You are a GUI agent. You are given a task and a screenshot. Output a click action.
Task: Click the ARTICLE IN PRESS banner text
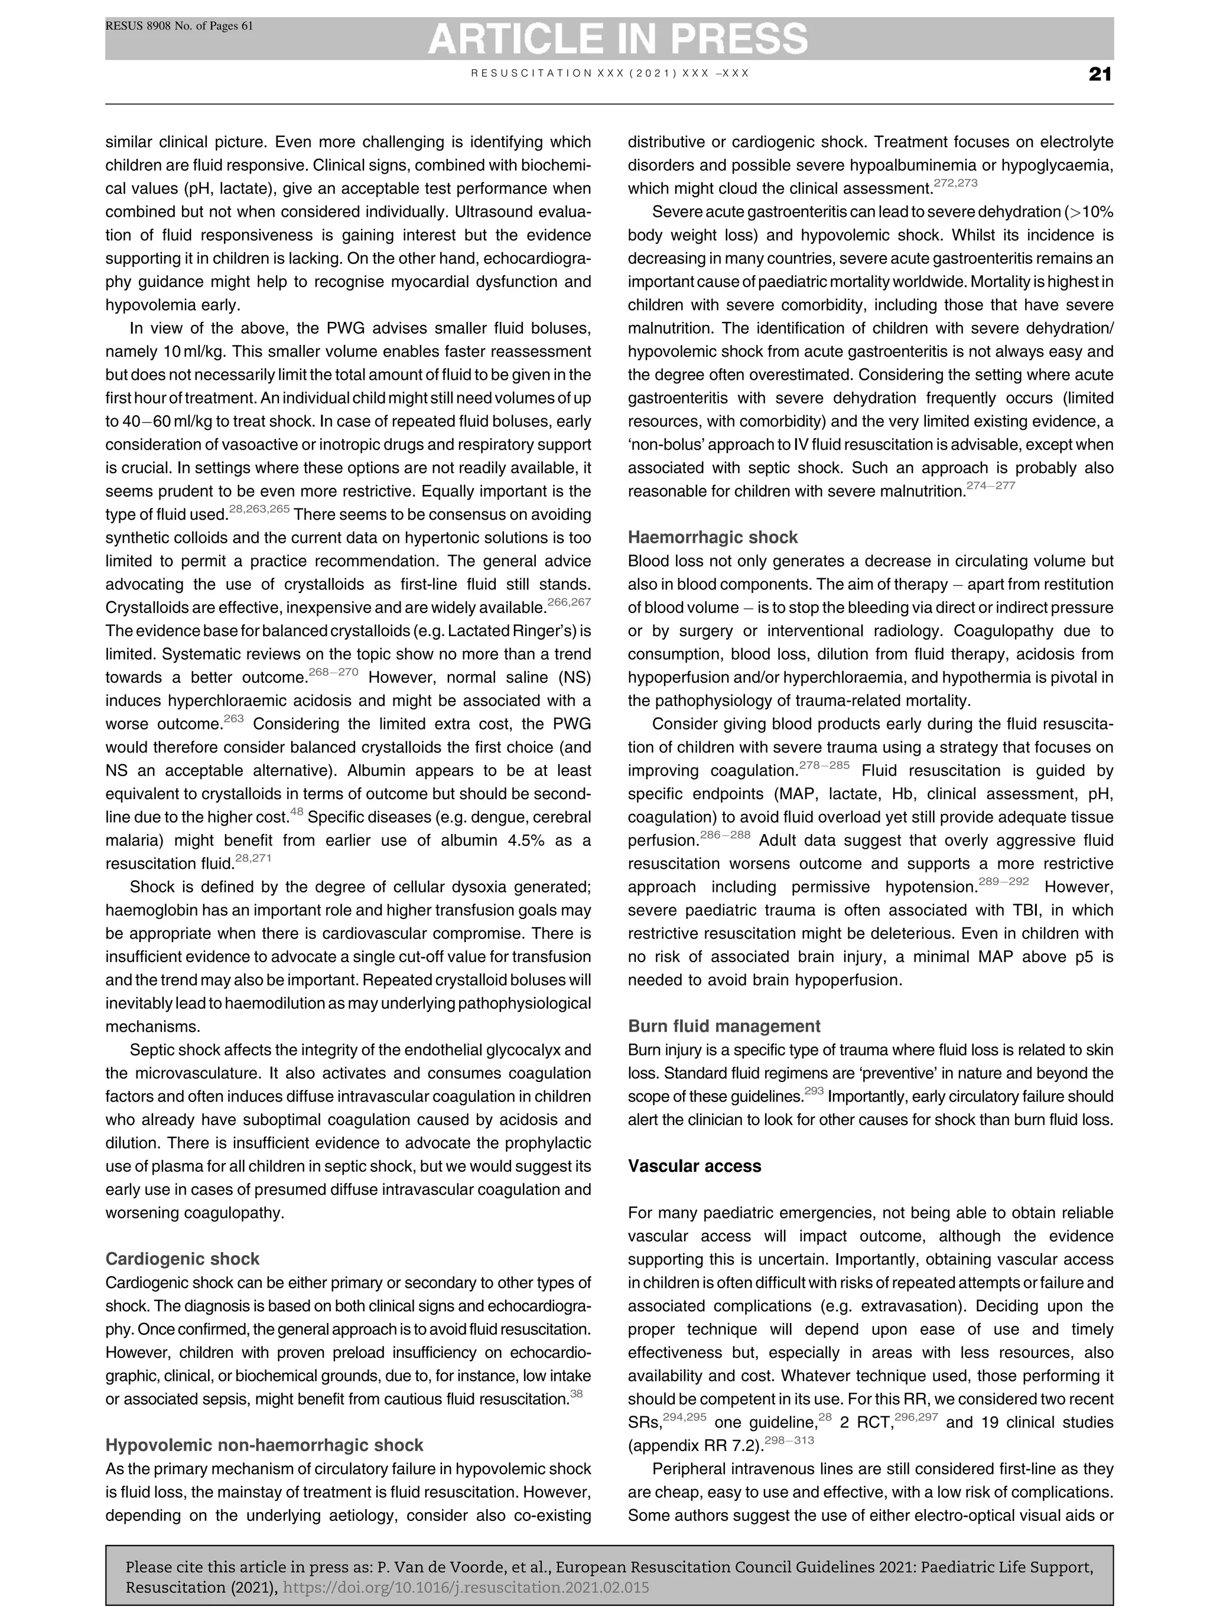(617, 38)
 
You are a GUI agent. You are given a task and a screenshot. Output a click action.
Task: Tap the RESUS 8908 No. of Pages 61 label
(180, 26)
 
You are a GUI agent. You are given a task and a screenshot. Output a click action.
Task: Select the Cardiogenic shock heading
(183, 1259)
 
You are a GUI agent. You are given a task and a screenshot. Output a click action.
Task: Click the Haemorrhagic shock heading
(713, 537)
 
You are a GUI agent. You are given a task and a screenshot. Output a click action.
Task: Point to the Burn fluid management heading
(724, 1026)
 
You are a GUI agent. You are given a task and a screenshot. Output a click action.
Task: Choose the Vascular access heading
(694, 1166)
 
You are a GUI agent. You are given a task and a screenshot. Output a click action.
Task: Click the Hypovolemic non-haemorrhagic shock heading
(264, 1445)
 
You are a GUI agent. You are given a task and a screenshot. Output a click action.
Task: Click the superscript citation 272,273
(955, 183)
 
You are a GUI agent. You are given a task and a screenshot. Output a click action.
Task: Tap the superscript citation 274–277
(990, 485)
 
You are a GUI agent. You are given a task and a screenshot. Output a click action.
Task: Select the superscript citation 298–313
(789, 1440)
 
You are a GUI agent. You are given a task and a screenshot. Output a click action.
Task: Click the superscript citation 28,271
(252, 858)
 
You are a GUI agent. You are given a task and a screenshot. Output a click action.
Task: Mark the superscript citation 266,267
(569, 602)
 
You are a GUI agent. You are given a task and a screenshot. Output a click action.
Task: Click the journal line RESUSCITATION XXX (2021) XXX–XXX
(610, 74)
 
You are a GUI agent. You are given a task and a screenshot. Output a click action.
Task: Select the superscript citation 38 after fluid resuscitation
(576, 1393)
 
